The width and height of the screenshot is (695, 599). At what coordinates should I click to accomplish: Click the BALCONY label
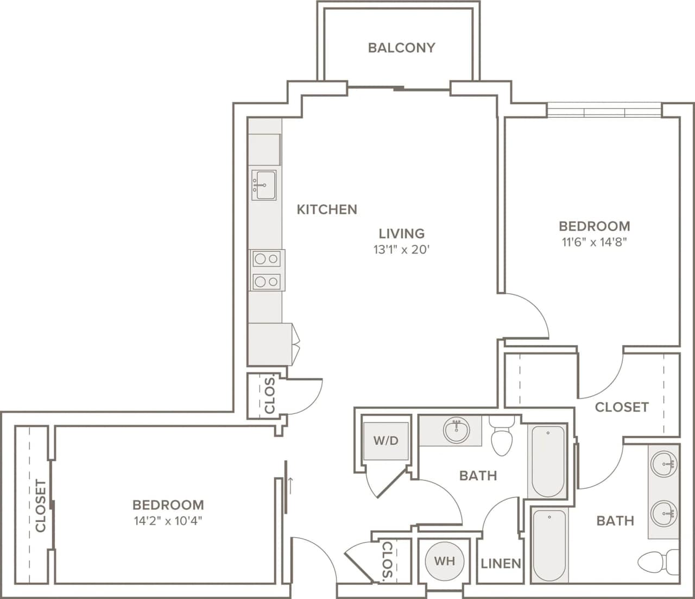click(401, 48)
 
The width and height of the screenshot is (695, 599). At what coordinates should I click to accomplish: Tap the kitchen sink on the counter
click(264, 185)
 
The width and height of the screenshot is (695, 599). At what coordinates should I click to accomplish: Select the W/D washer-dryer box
click(386, 440)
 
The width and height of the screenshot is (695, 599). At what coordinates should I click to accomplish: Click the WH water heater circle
click(444, 561)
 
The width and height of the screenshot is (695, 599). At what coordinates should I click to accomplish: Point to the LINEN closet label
click(501, 564)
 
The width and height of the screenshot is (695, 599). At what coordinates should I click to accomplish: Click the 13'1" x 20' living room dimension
click(401, 250)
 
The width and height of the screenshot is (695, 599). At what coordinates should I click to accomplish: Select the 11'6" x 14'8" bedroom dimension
click(594, 242)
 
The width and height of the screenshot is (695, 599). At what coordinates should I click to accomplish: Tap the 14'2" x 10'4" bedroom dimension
click(168, 521)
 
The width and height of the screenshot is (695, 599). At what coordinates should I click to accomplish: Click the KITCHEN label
click(327, 209)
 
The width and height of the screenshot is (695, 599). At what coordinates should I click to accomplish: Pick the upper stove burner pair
click(267, 259)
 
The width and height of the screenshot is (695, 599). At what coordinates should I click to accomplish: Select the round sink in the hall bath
click(456, 431)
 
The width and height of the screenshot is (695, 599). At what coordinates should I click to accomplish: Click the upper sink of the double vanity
click(664, 465)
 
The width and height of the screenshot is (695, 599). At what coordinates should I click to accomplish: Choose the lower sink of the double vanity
click(664, 512)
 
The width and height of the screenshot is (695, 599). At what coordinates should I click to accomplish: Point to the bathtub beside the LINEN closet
click(548, 545)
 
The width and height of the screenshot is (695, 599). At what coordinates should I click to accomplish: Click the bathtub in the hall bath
click(547, 462)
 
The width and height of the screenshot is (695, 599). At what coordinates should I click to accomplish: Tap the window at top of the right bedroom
click(604, 111)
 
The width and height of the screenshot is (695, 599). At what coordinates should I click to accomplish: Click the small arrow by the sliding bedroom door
click(292, 482)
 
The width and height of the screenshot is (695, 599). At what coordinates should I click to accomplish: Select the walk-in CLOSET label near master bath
click(621, 407)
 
